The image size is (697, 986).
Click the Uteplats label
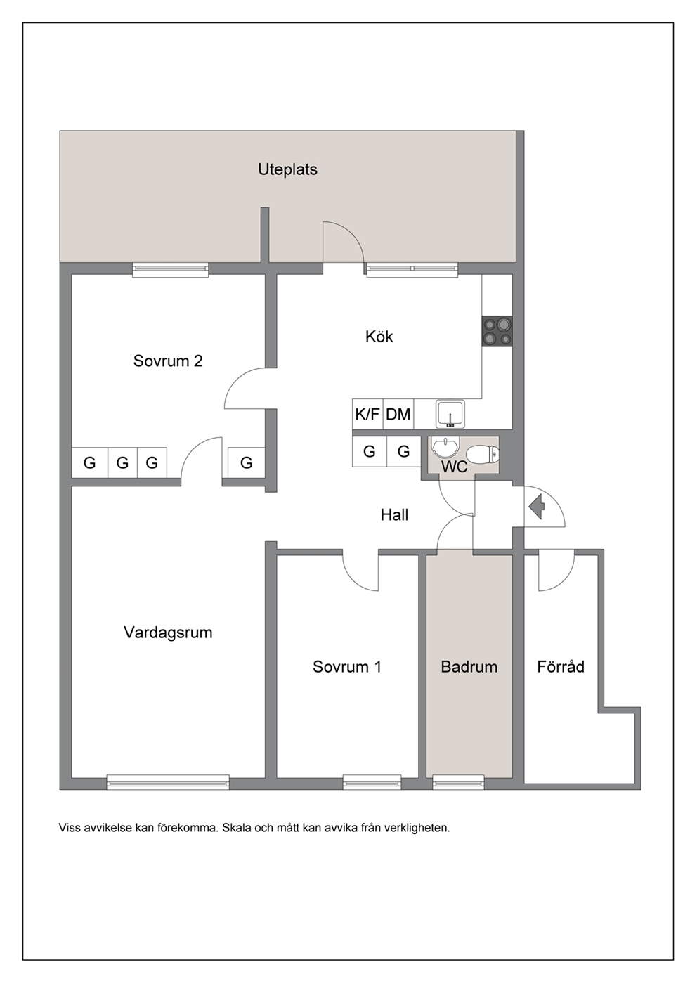coord(287,170)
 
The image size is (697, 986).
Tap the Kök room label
coord(379,337)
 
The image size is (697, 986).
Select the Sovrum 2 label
coord(168,361)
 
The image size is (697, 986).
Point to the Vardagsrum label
coord(168,633)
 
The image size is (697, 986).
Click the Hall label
coord(394,514)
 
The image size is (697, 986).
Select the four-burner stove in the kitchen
coord(497,331)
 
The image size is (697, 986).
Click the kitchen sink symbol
coord(450,414)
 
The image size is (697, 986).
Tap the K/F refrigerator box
coord(367,414)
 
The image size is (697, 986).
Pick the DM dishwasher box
coord(398,414)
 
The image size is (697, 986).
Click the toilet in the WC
coord(483,453)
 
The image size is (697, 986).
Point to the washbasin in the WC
coord(445,448)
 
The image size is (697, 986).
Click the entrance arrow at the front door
coord(537,507)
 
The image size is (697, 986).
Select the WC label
coord(454,467)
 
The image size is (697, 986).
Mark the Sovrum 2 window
coord(170,269)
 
